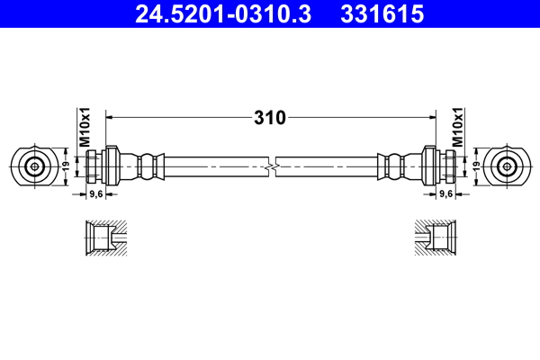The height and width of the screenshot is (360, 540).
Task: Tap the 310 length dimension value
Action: tap(270, 117)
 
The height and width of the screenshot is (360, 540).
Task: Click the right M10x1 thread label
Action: tap(458, 127)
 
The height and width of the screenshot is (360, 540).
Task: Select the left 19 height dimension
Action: tap(66, 166)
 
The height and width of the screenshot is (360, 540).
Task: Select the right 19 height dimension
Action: tap(474, 166)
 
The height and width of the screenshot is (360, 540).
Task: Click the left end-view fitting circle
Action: tap(34, 166)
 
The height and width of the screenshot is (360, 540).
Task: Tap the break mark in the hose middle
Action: tap(270, 166)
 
